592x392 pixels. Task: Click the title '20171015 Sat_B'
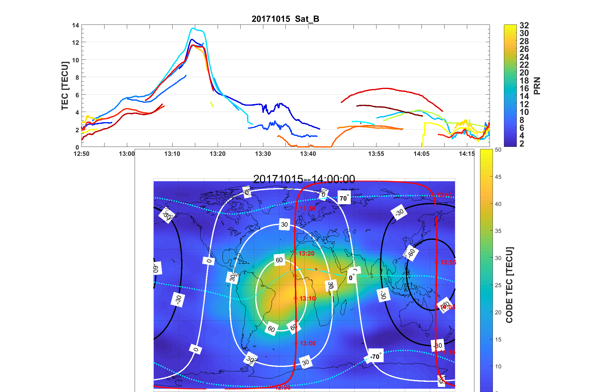pyautogui.click(x=285, y=19)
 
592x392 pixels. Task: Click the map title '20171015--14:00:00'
pyautogui.click(x=304, y=179)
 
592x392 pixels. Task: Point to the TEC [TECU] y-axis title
pyautogui.click(x=65, y=86)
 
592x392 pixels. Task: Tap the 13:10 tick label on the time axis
pyautogui.click(x=172, y=154)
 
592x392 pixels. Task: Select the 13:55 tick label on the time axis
pyautogui.click(x=376, y=154)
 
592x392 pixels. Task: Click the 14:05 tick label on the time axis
pyautogui.click(x=421, y=154)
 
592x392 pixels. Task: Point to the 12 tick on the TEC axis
pyautogui.click(x=76, y=42)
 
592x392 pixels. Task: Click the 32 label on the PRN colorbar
pyautogui.click(x=524, y=25)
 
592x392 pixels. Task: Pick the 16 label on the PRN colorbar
pyautogui.click(x=524, y=88)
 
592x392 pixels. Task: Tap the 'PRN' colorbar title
pyautogui.click(x=537, y=86)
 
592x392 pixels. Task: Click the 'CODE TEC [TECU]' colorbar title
pyautogui.click(x=509, y=285)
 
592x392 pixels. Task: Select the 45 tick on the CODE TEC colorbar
pyautogui.click(x=498, y=177)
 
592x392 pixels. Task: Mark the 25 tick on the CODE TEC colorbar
pyautogui.click(x=498, y=285)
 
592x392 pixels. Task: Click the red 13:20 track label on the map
pyautogui.click(x=306, y=253)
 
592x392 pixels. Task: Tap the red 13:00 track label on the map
pyautogui.click(x=307, y=343)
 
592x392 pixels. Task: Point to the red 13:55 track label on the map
pyautogui.click(x=448, y=262)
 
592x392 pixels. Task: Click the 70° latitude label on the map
pyautogui.click(x=344, y=198)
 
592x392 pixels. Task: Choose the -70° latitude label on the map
pyautogui.click(x=375, y=356)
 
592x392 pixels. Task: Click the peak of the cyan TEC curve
pyautogui.click(x=193, y=28)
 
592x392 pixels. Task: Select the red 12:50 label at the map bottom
pyautogui.click(x=283, y=388)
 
